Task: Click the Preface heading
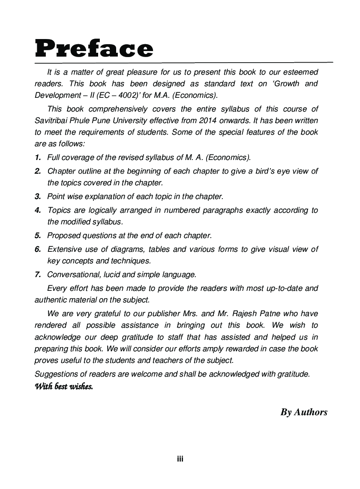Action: [94, 49]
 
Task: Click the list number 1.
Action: [38, 157]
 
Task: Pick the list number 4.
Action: [38, 210]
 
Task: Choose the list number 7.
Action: [38, 275]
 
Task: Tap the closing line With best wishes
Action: [63, 386]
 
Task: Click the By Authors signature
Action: [304, 412]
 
